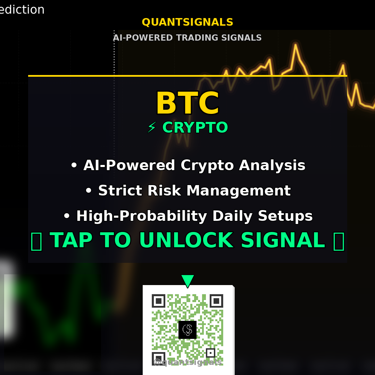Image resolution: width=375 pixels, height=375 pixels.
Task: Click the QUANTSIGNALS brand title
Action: coord(187,22)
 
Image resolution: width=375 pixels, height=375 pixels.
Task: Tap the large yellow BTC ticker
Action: coord(187,103)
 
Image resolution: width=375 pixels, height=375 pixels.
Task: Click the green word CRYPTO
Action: coord(195,128)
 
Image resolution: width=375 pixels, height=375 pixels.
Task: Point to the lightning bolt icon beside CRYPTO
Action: coord(152,128)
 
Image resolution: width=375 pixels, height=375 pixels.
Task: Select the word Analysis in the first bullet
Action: coord(272,166)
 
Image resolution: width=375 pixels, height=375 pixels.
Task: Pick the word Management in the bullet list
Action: coord(238,191)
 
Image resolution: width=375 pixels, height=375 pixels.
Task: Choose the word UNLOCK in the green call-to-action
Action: coord(186,240)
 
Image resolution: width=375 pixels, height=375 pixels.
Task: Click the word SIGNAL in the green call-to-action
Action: coord(283,240)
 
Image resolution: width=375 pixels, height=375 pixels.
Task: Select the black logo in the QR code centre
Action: coord(187,330)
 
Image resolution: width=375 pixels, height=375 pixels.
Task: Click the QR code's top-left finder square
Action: coord(158,301)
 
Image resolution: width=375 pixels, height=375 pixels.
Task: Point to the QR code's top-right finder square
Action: coord(216,301)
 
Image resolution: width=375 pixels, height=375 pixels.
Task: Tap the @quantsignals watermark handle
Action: coord(187,362)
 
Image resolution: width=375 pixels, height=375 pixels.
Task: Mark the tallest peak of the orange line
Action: coord(295,45)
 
